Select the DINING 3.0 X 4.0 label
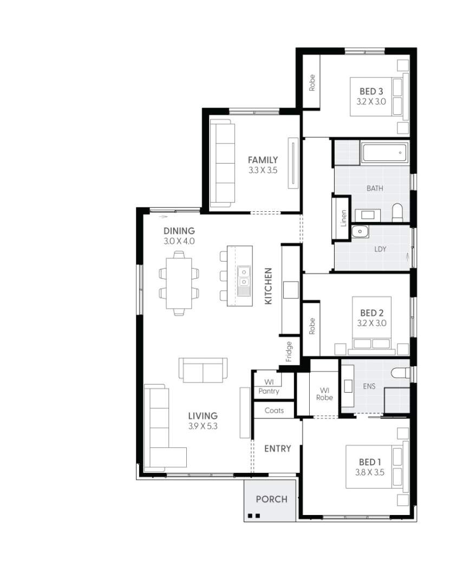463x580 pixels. click(179, 236)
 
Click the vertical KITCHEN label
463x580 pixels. click(268, 286)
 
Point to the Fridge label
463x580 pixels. click(289, 351)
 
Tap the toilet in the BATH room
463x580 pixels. click(397, 212)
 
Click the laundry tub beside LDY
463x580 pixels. click(360, 232)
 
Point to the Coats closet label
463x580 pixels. click(274, 410)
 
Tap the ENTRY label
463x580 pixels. click(277, 448)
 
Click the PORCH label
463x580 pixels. click(271, 499)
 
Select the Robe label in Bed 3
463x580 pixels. click(312, 82)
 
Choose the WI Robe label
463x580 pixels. click(325, 393)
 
